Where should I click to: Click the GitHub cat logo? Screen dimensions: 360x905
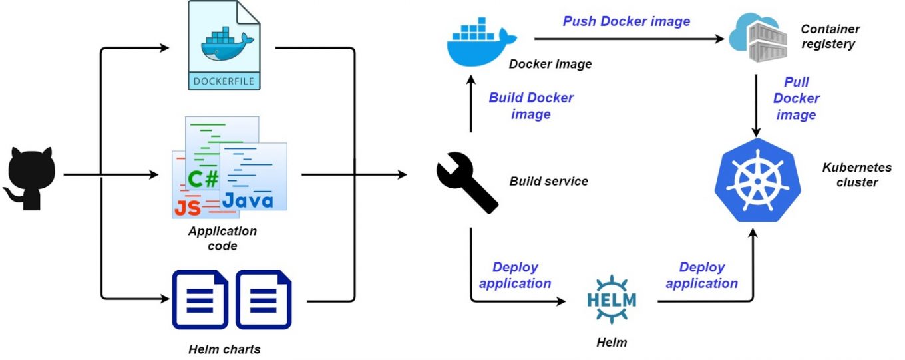pyautogui.click(x=31, y=176)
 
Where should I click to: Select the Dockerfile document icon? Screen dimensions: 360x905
pyautogui.click(x=224, y=45)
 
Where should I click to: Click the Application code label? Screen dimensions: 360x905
pyautogui.click(x=222, y=238)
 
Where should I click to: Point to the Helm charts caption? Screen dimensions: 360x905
pyautogui.click(x=224, y=349)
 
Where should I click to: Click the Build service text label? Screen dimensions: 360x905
pyautogui.click(x=548, y=181)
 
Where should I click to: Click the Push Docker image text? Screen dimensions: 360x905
pyautogui.click(x=626, y=21)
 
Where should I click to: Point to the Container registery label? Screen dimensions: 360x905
pyautogui.click(x=830, y=37)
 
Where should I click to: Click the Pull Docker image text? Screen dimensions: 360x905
pyautogui.click(x=796, y=98)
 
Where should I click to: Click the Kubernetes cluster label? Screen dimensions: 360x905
pyautogui.click(x=856, y=175)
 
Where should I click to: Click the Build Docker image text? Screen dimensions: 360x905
pyautogui.click(x=530, y=106)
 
